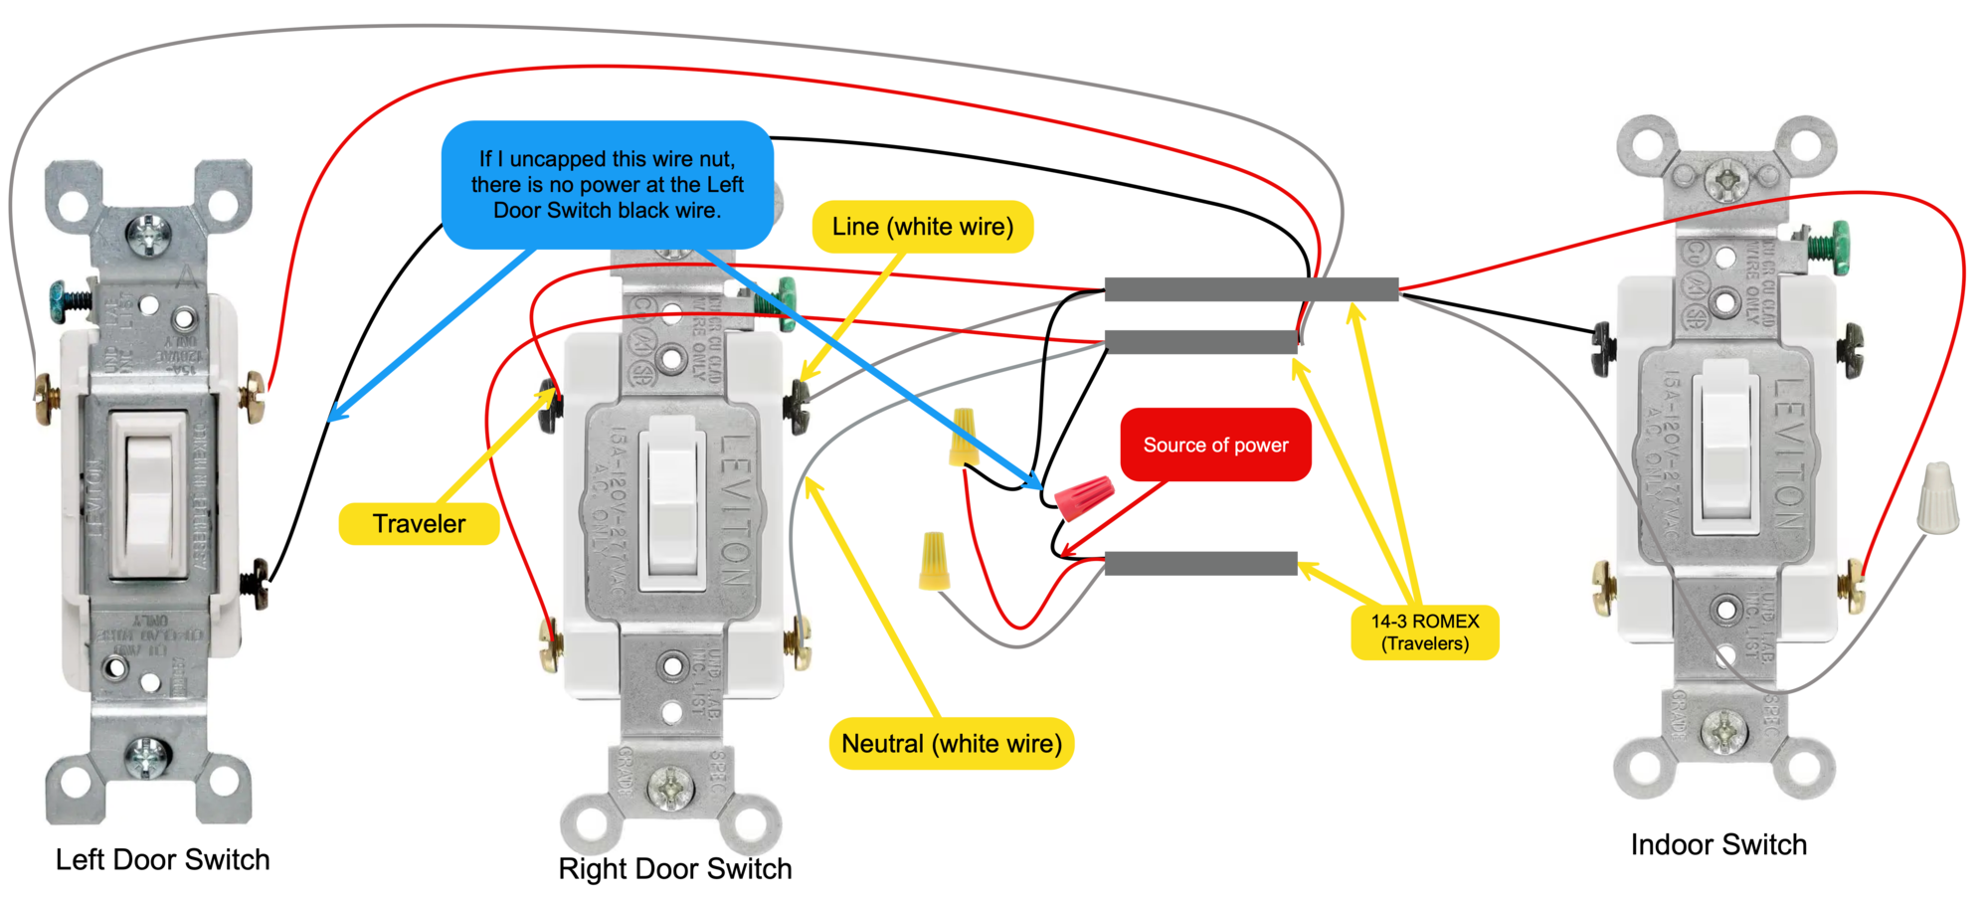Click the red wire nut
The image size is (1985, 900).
(1084, 496)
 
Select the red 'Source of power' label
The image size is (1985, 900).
(1215, 445)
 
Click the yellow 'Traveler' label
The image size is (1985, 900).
(419, 524)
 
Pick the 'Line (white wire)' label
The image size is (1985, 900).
(923, 227)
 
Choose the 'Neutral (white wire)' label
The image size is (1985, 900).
(952, 744)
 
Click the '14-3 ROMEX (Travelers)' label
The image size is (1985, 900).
(1424, 632)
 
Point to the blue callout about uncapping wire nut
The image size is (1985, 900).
(607, 185)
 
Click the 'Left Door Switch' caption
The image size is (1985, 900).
(162, 859)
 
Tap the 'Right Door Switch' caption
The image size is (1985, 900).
(674, 868)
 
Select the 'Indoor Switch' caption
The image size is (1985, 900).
(1717, 844)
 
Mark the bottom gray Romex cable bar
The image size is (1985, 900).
(1200, 564)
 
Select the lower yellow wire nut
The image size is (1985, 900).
(934, 560)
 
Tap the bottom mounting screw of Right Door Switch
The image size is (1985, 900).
(669, 787)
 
